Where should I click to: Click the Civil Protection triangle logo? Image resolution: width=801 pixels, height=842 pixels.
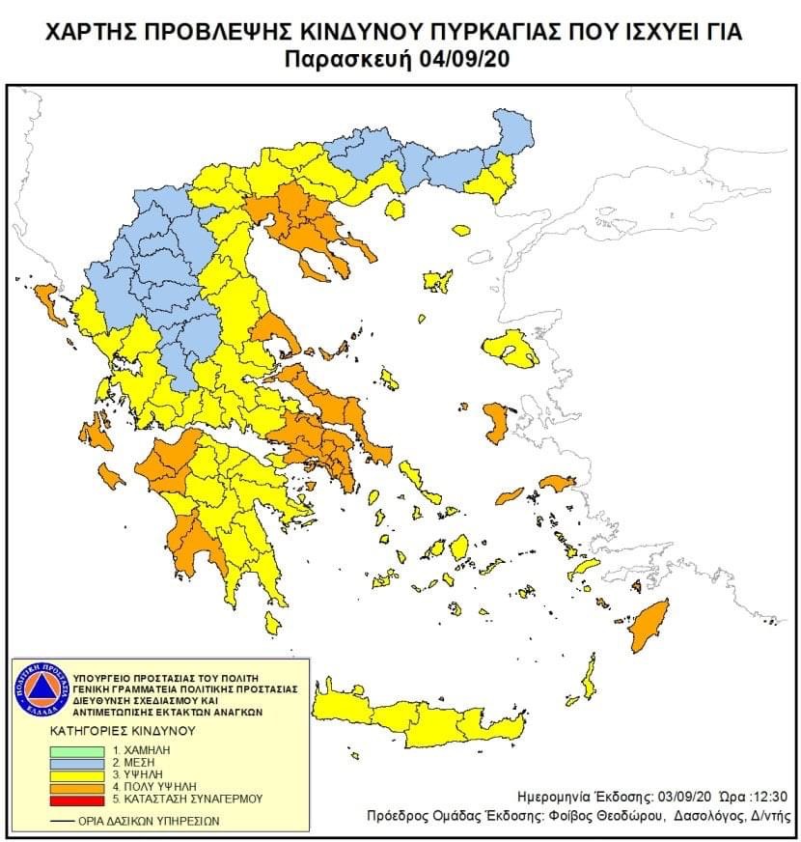pos(39,689)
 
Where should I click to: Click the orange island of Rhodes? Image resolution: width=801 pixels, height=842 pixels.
pos(649,623)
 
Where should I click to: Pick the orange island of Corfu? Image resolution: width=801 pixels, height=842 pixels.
pos(46,299)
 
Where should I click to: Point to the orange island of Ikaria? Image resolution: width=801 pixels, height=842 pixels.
pos(557,482)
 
